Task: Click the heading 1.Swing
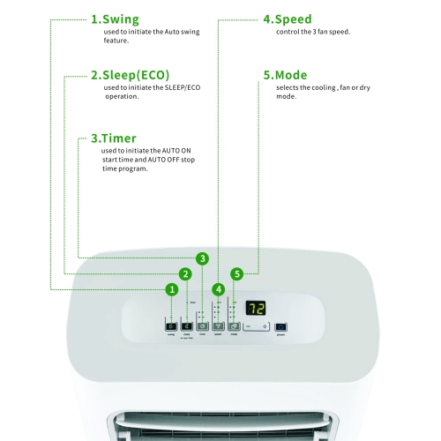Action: pyautogui.click(x=115, y=19)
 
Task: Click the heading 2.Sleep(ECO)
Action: pyautogui.click(x=130, y=75)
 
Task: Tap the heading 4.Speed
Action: pyautogui.click(x=288, y=19)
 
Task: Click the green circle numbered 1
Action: pyautogui.click(x=172, y=288)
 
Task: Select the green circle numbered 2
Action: pyautogui.click(x=185, y=273)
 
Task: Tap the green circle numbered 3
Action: pyautogui.click(x=203, y=258)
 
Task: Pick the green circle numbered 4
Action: pyautogui.click(x=219, y=288)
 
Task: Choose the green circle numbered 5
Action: pyautogui.click(x=236, y=273)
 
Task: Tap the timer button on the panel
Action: pyautogui.click(x=203, y=326)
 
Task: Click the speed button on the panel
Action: pyautogui.click(x=219, y=326)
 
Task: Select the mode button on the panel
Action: pyautogui.click(x=235, y=326)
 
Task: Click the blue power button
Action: pyautogui.click(x=281, y=326)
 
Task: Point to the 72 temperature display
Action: pyautogui.click(x=256, y=309)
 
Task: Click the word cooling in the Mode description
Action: pyautogui.click(x=326, y=87)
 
